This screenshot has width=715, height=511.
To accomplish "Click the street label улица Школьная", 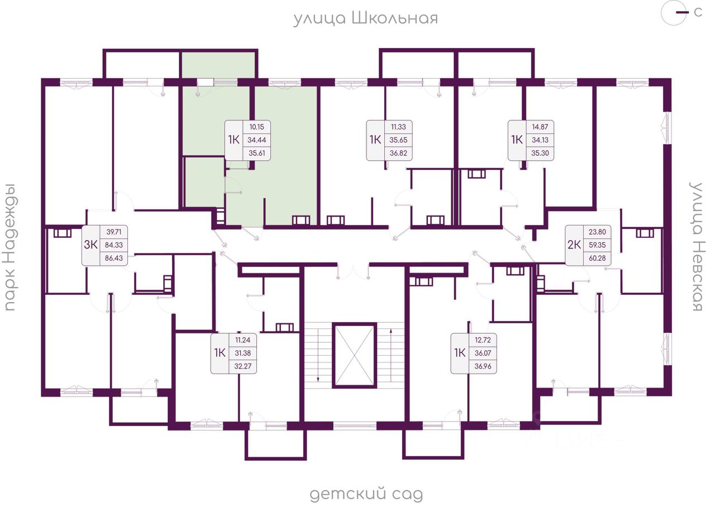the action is tap(365, 18).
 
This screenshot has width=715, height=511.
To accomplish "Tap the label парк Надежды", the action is tap(10, 247).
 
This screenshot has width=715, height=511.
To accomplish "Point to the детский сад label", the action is tap(366, 494).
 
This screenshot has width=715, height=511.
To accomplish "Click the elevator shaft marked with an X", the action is tap(354, 356).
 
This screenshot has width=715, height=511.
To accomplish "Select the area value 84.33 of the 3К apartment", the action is tap(113, 245).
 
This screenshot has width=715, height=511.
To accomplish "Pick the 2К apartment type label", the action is tap(574, 245).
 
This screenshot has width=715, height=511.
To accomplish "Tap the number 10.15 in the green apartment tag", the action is tap(256, 127).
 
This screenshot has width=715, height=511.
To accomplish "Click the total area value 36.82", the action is tap(398, 153).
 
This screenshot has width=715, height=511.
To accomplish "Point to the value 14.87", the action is tap(540, 127).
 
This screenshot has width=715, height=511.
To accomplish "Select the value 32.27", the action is tap(242, 366).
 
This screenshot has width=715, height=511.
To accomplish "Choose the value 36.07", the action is tap(483, 354).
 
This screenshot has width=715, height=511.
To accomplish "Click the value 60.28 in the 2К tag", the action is tap(597, 258).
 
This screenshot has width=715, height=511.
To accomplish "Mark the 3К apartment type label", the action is tap(90, 245).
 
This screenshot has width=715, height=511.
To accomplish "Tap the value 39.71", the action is tap(113, 232).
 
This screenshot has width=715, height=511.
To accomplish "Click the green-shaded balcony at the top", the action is tap(218, 65).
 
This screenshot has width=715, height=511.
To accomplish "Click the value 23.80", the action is tap(597, 232).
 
